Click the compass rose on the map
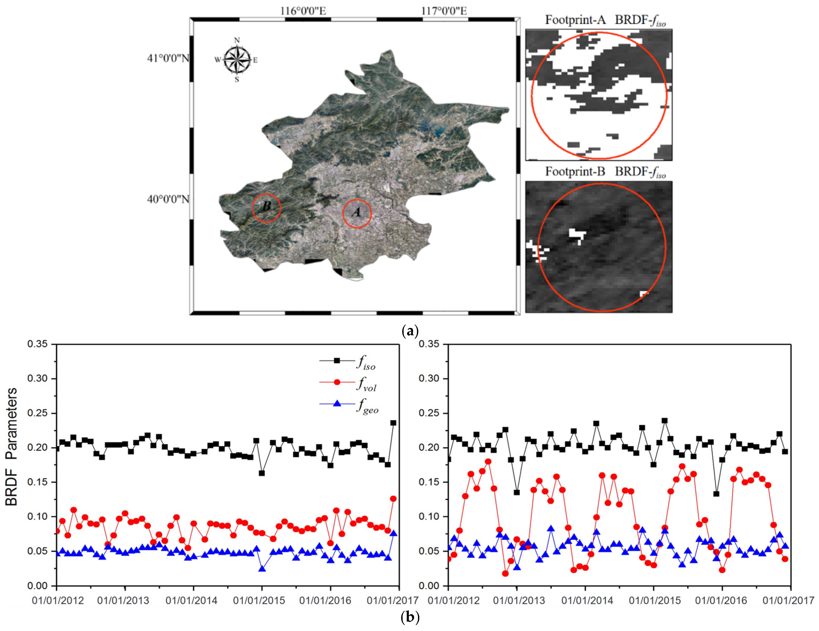(x=237, y=60)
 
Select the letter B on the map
(x=266, y=206)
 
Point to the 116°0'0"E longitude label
(x=303, y=11)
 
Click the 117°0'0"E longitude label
(x=444, y=11)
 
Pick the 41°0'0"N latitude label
(x=168, y=59)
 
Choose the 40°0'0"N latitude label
(x=168, y=199)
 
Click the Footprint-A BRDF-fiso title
(x=605, y=20)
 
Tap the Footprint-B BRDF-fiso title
(x=605, y=172)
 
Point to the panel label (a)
(x=410, y=331)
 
